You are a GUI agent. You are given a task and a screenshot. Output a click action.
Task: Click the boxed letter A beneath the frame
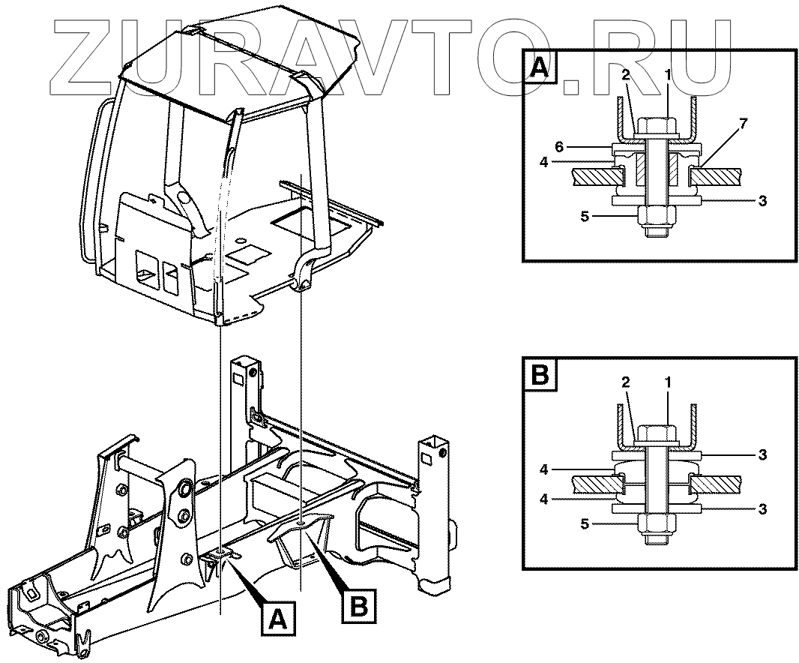point(277,619)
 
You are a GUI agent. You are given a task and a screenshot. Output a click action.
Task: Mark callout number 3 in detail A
point(762,201)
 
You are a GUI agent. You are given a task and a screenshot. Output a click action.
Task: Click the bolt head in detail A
point(657,127)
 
